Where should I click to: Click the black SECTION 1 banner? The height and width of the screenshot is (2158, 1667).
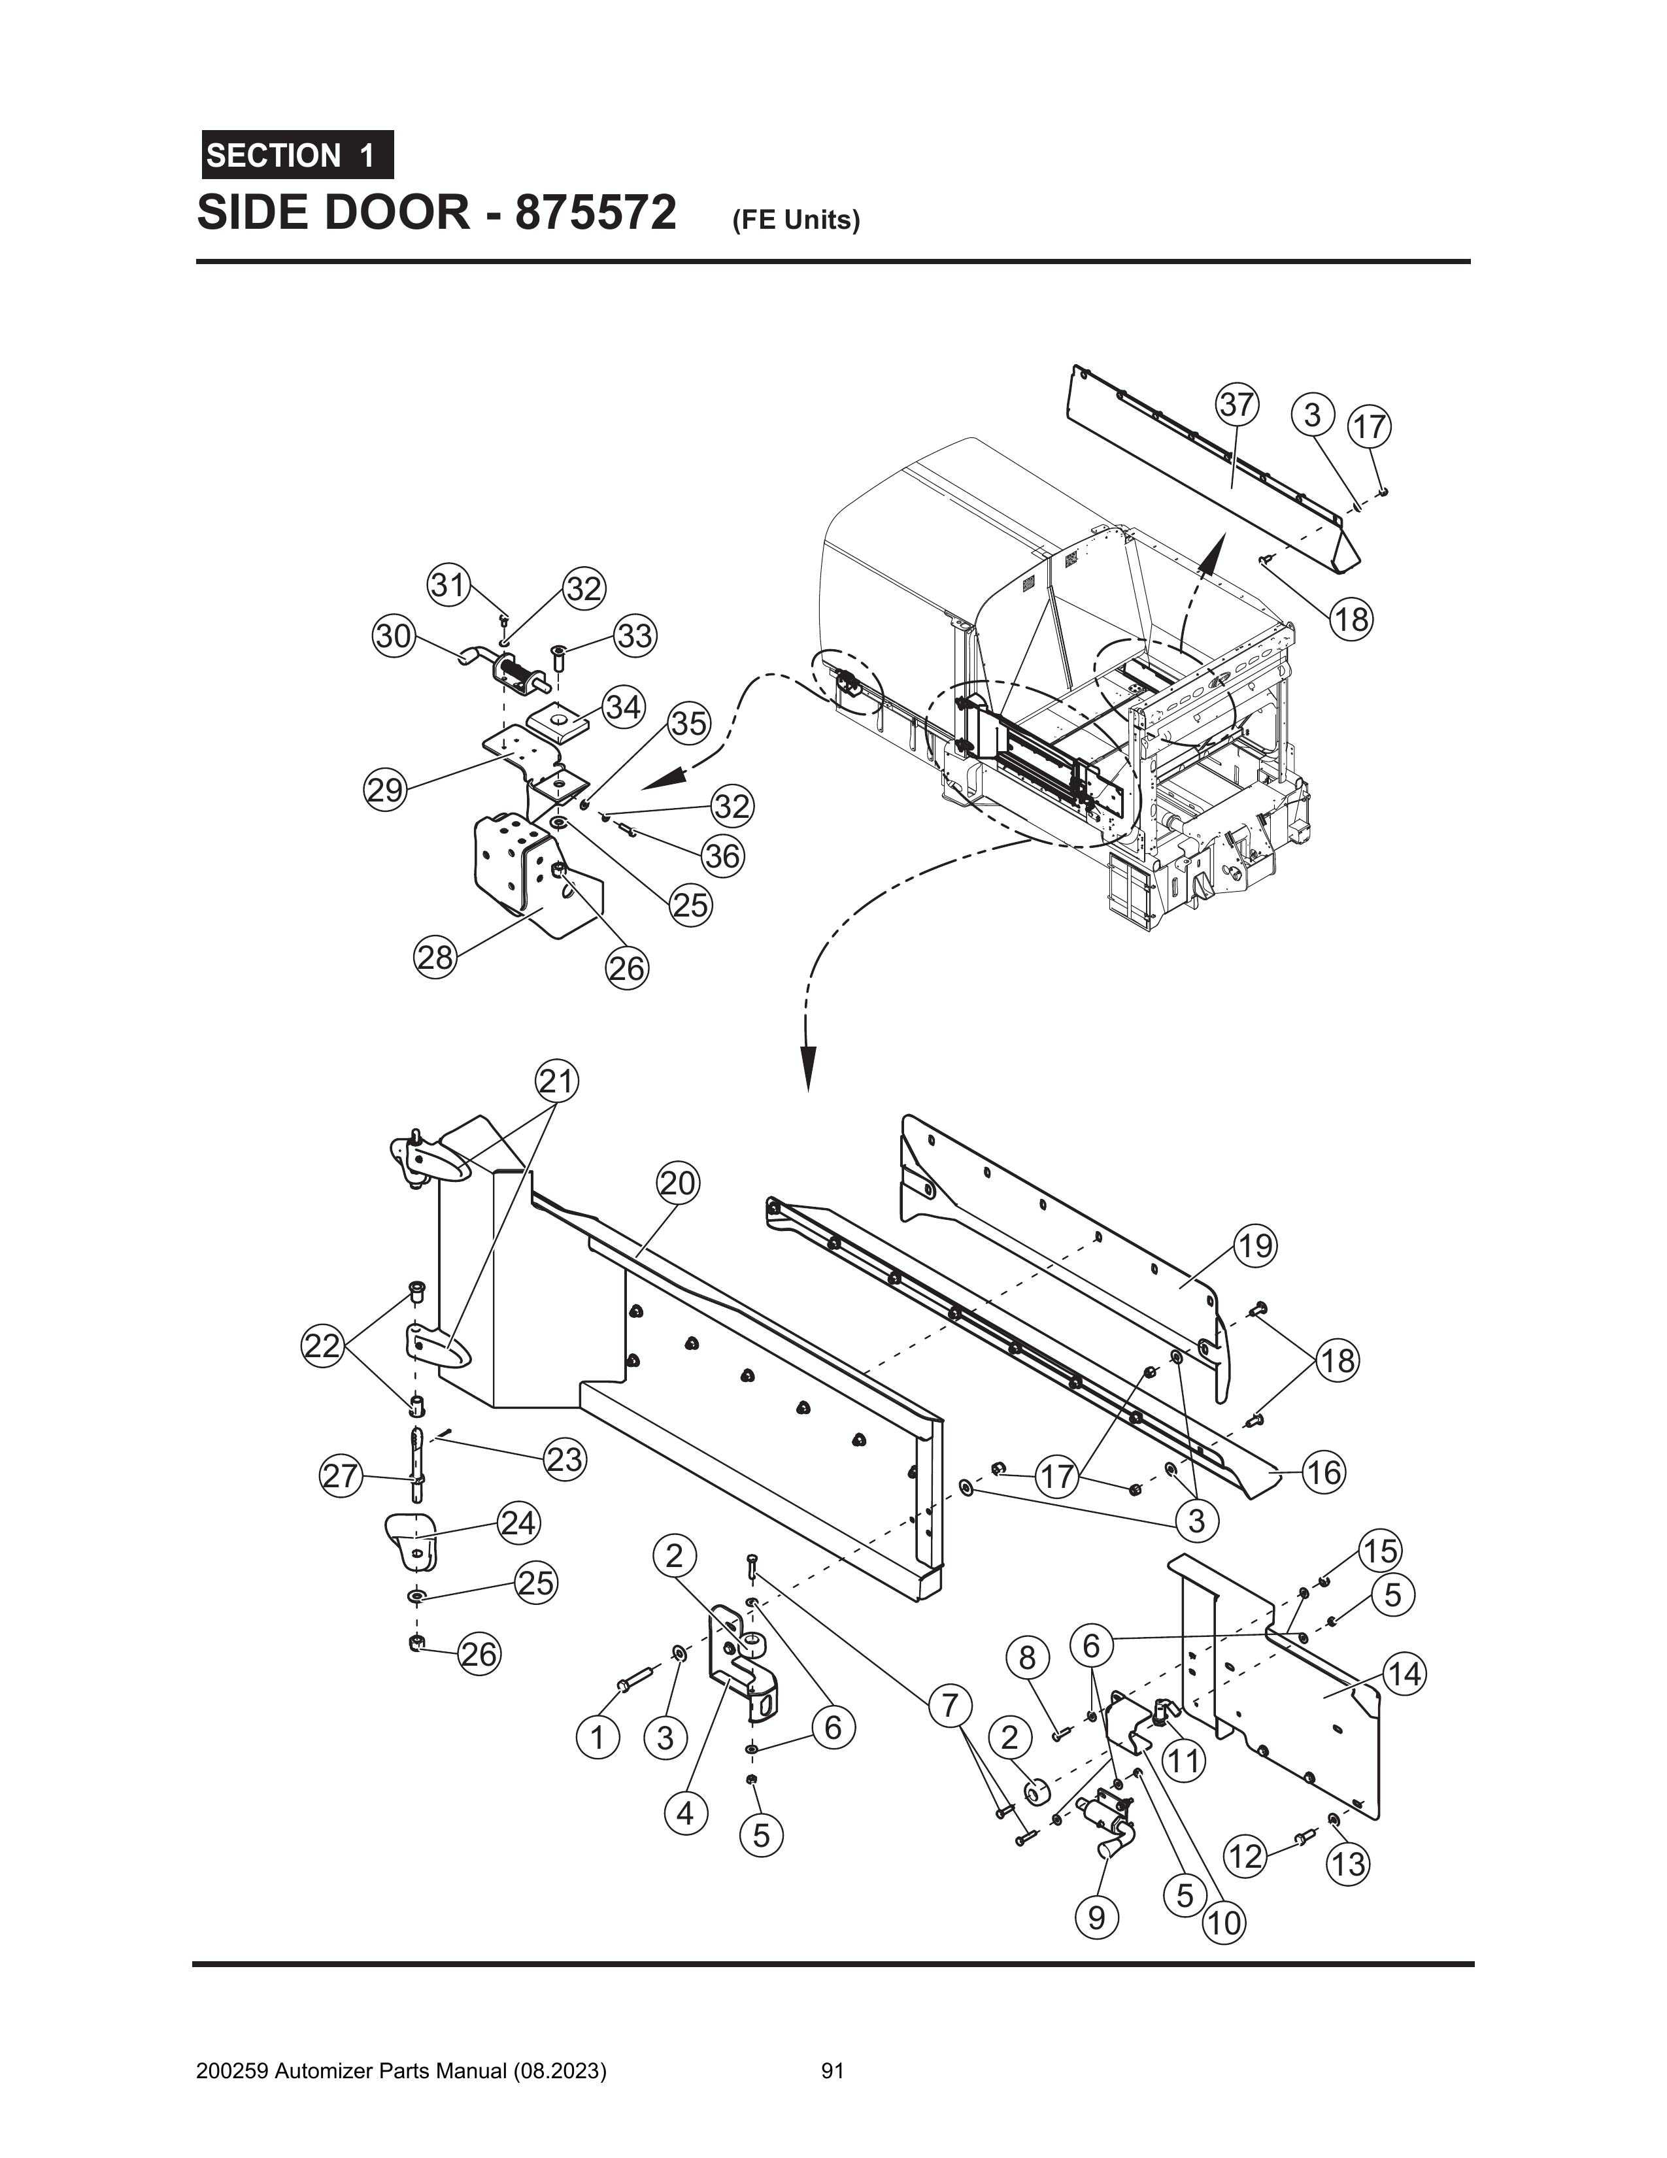pos(296,155)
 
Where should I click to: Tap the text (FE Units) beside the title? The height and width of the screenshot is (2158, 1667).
pos(796,220)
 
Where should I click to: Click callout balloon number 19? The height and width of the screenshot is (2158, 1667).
pos(1255,1245)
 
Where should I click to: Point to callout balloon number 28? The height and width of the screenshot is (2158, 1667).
pos(434,958)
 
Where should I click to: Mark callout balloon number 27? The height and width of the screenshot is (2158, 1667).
pos(340,1476)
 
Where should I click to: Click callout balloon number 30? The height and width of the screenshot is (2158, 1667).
pos(394,635)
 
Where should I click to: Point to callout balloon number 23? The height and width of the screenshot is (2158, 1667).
pos(564,1458)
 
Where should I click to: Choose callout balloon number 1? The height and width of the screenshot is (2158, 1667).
pos(597,1736)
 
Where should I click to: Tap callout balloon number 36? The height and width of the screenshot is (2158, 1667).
pos(722,856)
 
